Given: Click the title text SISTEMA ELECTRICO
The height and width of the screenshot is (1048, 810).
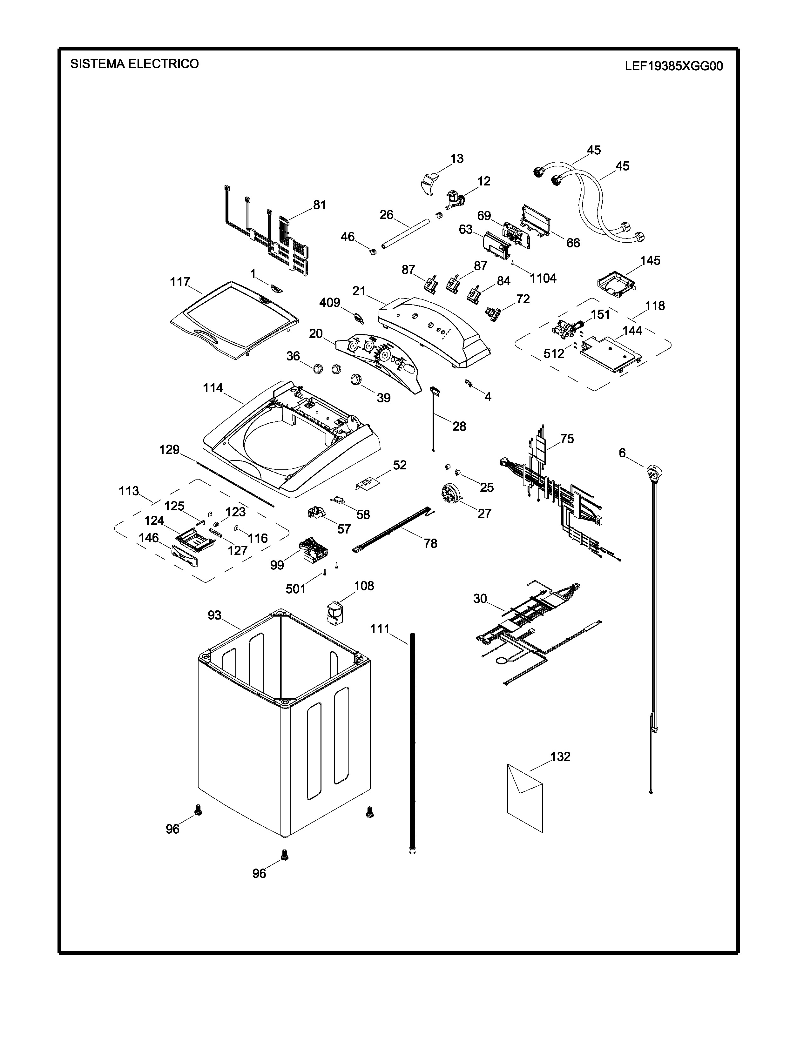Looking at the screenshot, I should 134,64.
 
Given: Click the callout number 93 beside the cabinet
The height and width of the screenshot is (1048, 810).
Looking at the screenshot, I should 214,615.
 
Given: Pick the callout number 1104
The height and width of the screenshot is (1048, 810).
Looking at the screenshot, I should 543,278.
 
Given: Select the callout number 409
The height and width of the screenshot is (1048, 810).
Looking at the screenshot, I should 330,302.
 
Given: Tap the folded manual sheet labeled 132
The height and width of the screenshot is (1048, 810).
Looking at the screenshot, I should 524,797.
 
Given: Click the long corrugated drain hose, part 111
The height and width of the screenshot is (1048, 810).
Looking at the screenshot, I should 412,744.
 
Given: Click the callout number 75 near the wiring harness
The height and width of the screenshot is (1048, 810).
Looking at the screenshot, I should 567,439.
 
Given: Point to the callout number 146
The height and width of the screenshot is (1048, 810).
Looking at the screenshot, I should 149,538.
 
